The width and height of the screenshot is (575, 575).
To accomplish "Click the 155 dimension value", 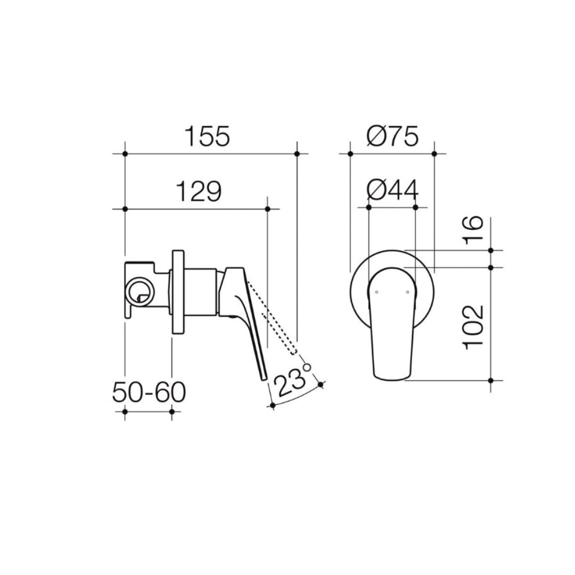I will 208,137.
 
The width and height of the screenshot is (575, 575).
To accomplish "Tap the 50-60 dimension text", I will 149,393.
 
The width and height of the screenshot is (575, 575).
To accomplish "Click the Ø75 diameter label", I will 392,137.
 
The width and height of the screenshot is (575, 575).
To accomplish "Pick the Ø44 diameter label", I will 392,190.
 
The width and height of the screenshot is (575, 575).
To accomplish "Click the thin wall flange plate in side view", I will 177,292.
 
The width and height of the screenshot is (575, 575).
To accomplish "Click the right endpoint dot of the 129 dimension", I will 267,209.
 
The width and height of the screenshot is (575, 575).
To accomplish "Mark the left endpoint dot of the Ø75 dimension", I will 350,154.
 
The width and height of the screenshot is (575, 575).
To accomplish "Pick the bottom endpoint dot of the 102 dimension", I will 491,380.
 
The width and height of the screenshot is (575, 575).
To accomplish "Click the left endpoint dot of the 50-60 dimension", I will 125,412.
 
